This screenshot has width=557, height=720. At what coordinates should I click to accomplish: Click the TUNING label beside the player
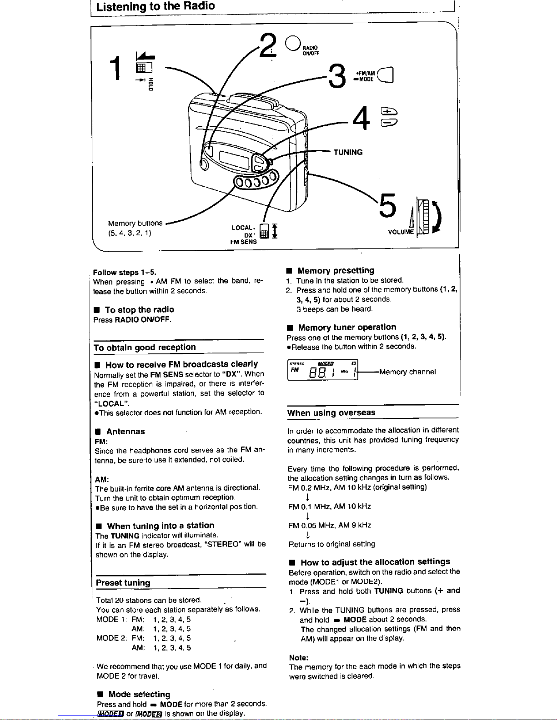(348, 152)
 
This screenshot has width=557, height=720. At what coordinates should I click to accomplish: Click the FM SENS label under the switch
(243, 242)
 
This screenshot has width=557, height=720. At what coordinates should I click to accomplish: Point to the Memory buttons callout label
(135, 223)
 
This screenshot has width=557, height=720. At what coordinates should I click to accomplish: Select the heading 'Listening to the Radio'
(156, 6)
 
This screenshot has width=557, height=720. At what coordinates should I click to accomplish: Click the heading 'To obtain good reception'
(145, 348)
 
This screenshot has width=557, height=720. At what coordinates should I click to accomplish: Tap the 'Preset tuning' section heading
(123, 583)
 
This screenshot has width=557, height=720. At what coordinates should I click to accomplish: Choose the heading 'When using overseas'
(331, 412)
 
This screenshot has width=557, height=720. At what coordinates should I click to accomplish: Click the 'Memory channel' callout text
(407, 372)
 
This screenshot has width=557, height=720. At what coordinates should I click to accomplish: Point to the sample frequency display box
(322, 372)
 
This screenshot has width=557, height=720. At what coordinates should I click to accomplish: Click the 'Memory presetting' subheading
(336, 270)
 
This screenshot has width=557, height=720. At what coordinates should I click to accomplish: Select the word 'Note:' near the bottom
(299, 657)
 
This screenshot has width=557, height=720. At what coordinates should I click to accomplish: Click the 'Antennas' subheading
(125, 432)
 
